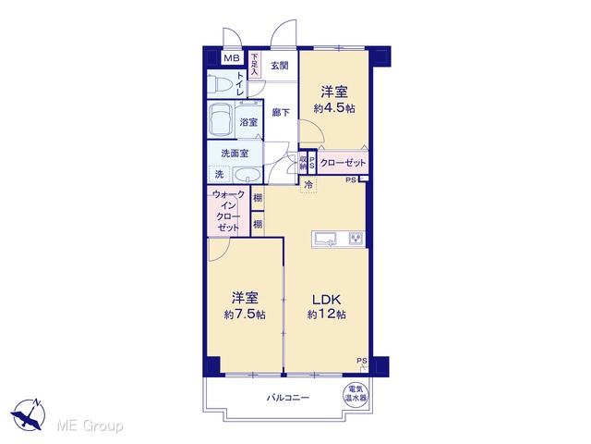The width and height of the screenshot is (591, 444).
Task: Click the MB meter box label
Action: [x=232, y=58]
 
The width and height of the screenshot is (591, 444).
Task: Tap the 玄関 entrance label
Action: [x=280, y=66]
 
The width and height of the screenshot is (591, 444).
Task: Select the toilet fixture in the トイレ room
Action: [x=219, y=84]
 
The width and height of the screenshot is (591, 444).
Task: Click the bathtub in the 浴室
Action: [x=222, y=119]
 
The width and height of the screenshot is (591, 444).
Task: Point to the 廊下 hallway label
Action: [x=281, y=112]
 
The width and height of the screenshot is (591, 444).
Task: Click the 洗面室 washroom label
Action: [x=235, y=154]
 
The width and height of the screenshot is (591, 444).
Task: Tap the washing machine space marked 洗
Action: [x=219, y=174]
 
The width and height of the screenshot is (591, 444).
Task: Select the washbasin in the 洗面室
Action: [x=247, y=176]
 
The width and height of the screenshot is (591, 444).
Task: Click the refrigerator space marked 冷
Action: [x=308, y=185]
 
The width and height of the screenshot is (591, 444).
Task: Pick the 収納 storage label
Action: [x=303, y=163]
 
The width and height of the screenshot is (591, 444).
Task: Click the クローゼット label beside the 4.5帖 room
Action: [x=343, y=163]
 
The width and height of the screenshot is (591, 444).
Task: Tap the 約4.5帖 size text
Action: [x=334, y=108]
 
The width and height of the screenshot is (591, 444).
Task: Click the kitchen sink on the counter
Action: [x=326, y=240]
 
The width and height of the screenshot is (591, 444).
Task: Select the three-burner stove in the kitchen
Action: [x=356, y=239]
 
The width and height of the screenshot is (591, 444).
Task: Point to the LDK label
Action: [x=326, y=300]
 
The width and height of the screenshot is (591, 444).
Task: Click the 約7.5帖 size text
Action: [x=245, y=314]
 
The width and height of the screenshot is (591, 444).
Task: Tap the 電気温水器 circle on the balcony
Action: [x=356, y=393]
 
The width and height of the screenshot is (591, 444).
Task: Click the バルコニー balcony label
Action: [x=288, y=398]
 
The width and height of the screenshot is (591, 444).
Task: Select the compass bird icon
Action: [x=28, y=415]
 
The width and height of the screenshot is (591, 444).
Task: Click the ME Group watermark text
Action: [x=90, y=425]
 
